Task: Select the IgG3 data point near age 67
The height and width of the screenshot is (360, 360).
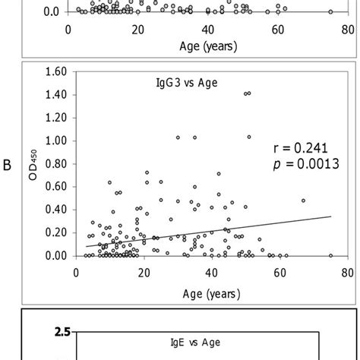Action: pyautogui.click(x=303, y=201)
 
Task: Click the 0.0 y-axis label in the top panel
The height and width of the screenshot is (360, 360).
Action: pyautogui.click(x=51, y=12)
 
